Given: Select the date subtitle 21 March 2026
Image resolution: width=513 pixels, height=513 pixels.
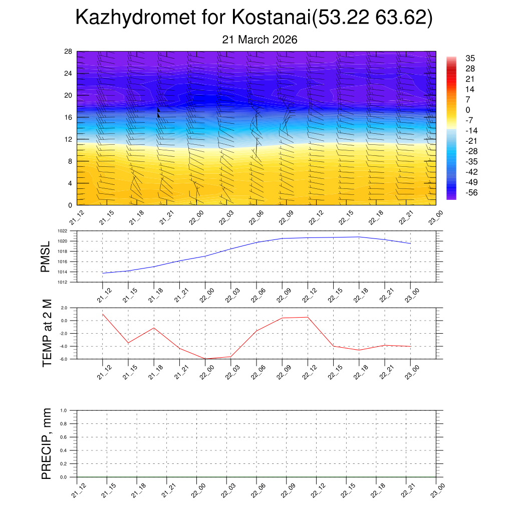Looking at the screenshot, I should pos(260,40).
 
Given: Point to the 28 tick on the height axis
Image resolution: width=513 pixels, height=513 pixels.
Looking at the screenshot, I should pos(69,52).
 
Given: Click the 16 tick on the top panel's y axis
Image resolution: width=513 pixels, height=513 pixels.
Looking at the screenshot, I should pos(69,117).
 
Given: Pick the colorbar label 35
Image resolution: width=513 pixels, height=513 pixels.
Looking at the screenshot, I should pos(470,58).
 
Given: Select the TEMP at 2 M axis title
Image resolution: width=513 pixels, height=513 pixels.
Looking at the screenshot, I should pos(48,333).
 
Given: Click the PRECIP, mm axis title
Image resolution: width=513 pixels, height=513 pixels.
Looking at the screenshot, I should pos(47,443).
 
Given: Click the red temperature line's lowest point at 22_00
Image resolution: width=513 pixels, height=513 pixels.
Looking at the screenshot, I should pos(205,359).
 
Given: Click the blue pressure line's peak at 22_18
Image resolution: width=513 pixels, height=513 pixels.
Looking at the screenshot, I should pos(359,237).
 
